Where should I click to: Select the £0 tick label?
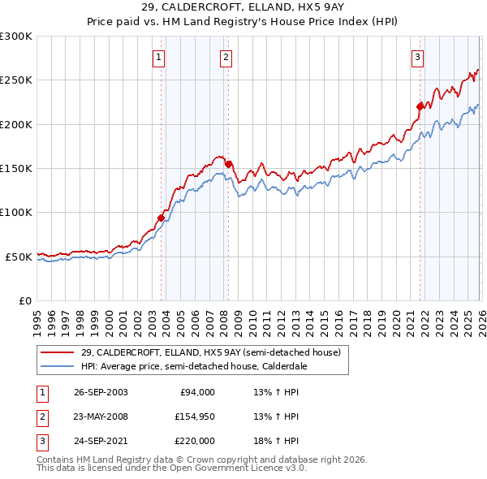pyautogui.click(x=24, y=300)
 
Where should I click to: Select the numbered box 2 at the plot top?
pyautogui.click(x=225, y=57)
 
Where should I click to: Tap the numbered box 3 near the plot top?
pyautogui.click(x=416, y=57)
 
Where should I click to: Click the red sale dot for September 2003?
pyautogui.click(x=162, y=218)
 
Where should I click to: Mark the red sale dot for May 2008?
pyautogui.click(x=229, y=164)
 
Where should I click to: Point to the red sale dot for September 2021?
pyautogui.click(x=420, y=106)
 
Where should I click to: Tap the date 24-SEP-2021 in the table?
pyautogui.click(x=99, y=441)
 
